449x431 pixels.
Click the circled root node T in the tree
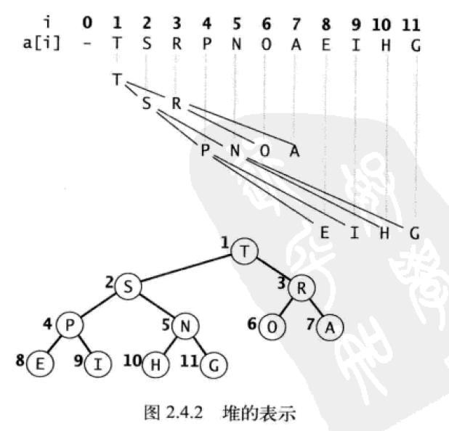click(246, 252)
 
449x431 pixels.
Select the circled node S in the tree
click(128, 287)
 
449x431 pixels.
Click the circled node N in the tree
click(185, 325)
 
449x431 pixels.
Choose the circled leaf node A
click(330, 327)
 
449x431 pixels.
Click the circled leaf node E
click(39, 364)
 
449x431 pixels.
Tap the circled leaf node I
click(99, 364)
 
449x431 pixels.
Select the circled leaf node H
click(155, 364)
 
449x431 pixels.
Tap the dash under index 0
click(87, 42)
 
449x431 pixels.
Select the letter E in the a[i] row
click(325, 42)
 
